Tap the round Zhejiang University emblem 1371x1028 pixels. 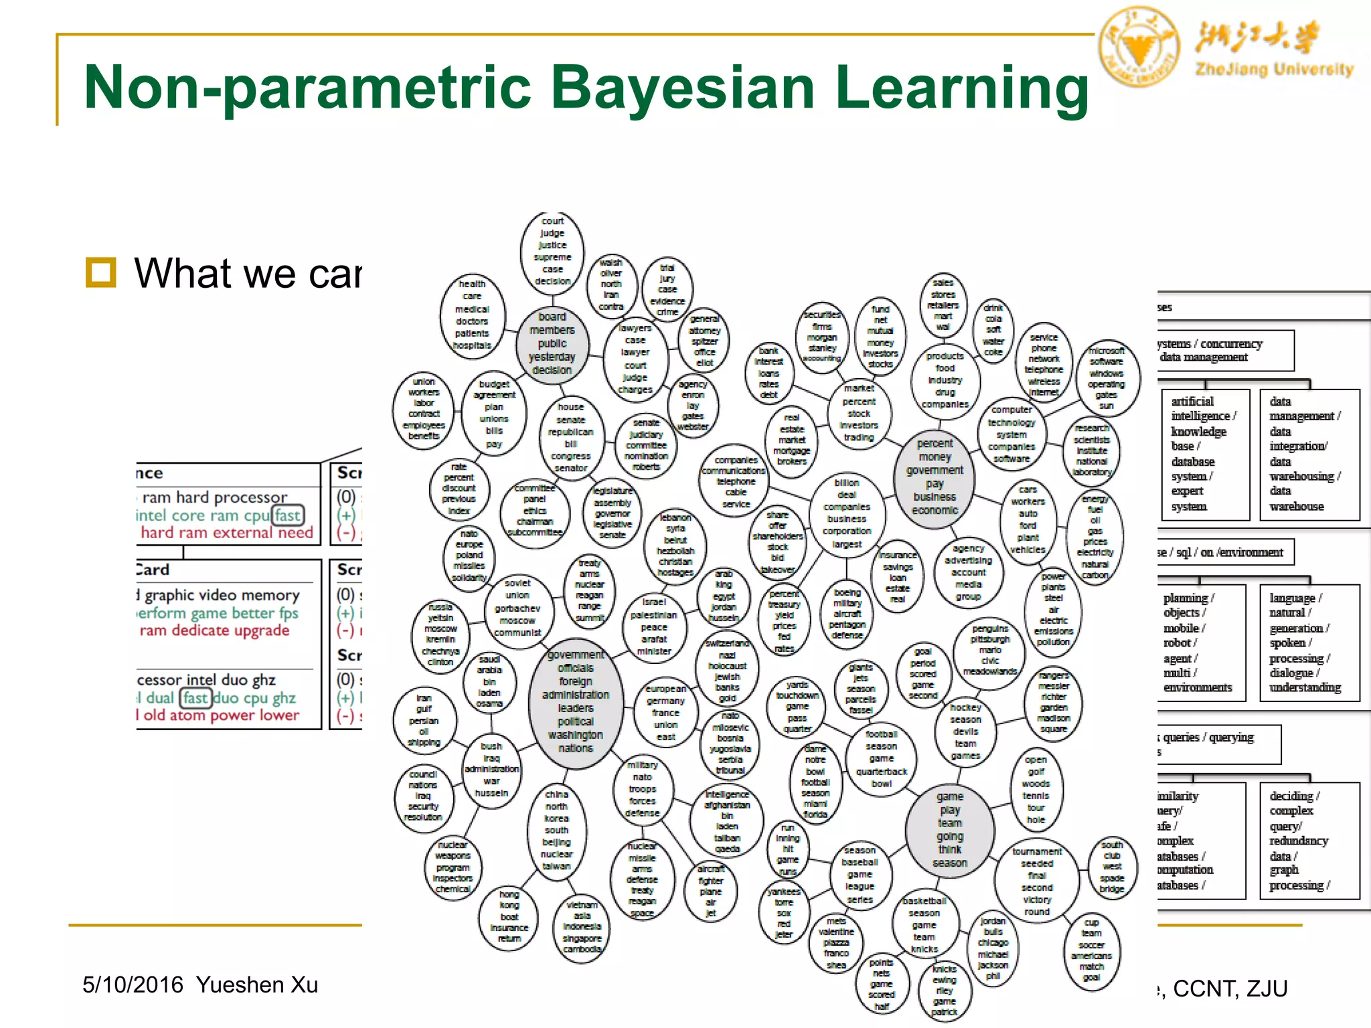click(1138, 47)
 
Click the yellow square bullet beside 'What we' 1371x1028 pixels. click(101, 272)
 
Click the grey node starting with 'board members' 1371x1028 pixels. click(552, 343)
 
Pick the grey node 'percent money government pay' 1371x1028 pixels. click(935, 477)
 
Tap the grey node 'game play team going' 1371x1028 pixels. click(949, 829)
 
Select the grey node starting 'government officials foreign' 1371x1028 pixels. click(576, 701)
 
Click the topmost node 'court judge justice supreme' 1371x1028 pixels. click(552, 251)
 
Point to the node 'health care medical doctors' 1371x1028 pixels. click(472, 315)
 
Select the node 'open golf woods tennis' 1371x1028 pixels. click(1036, 790)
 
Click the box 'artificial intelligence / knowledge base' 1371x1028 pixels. click(1205, 454)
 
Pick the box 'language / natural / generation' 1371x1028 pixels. click(1309, 642)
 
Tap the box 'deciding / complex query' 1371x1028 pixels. click(1309, 841)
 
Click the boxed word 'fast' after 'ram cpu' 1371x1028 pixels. click(288, 515)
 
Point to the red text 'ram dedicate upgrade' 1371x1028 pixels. click(214, 630)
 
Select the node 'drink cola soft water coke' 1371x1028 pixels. click(993, 330)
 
